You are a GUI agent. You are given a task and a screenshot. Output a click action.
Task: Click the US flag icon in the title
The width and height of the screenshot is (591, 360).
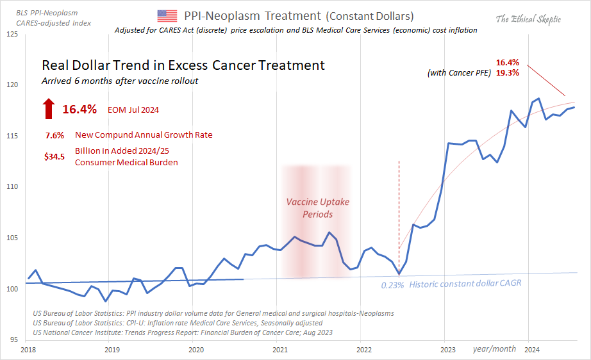pyautogui.click(x=167, y=16)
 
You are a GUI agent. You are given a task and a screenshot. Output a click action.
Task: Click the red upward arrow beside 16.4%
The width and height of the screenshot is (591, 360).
pyautogui.click(x=49, y=110)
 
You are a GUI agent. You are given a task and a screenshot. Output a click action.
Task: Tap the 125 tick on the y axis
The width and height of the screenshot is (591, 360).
pyautogui.click(x=13, y=34)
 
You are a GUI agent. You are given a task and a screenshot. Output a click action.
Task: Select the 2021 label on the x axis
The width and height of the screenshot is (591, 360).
pyautogui.click(x=279, y=350)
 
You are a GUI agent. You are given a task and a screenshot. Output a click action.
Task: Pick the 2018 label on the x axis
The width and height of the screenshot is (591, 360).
pyautogui.click(x=28, y=350)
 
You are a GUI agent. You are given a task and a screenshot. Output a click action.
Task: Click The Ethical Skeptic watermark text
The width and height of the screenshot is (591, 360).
pyautogui.click(x=528, y=19)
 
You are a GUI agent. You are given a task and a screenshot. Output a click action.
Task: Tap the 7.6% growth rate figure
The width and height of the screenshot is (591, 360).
pyautogui.click(x=54, y=135)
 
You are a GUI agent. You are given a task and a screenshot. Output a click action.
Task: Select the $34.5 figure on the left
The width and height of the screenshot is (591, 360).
pyautogui.click(x=54, y=156)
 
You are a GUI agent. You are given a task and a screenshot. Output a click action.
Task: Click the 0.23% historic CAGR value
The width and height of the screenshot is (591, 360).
pyautogui.click(x=392, y=285)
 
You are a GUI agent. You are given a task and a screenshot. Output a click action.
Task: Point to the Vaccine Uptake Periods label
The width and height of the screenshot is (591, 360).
pyautogui.click(x=318, y=208)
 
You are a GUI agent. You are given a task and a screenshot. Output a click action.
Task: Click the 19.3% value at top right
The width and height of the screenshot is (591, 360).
pyautogui.click(x=507, y=73)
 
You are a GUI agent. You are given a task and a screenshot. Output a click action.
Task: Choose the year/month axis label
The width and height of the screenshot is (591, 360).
pyautogui.click(x=494, y=348)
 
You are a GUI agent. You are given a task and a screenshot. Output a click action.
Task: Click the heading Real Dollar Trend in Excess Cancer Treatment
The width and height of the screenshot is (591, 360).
pyautogui.click(x=183, y=65)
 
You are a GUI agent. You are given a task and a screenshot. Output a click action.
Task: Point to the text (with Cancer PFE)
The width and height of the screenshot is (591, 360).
pyautogui.click(x=459, y=74)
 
